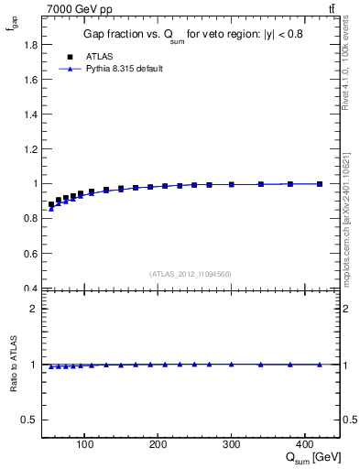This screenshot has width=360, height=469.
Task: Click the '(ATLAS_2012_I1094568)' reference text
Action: click(191, 273)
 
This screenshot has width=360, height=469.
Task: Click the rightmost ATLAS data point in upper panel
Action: click(320, 184)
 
